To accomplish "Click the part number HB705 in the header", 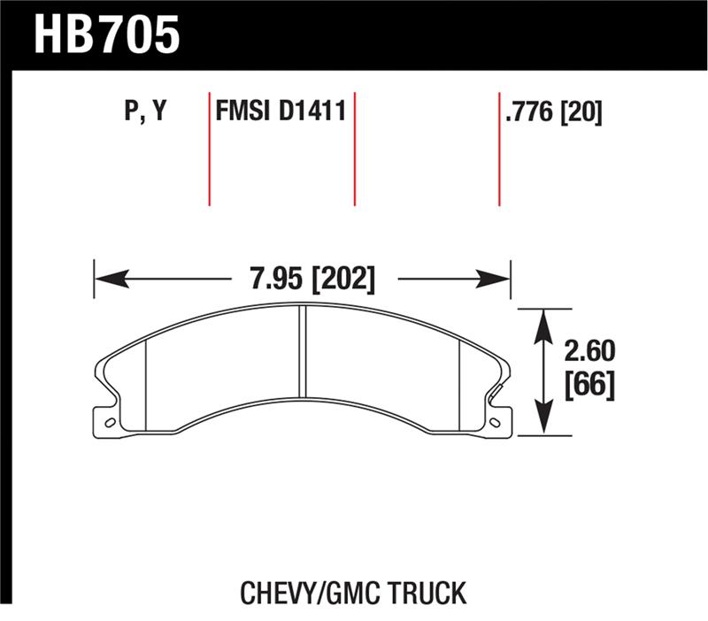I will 107,34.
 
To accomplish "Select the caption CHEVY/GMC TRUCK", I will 353,592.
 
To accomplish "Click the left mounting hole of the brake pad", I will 109,422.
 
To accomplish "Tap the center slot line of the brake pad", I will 301,351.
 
